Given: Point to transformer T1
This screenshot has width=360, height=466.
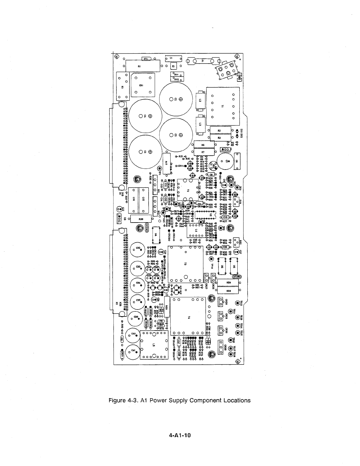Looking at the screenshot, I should [223, 106].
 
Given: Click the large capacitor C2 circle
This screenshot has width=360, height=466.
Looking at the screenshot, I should [176, 99].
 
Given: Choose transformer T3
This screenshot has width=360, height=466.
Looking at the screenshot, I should [185, 263].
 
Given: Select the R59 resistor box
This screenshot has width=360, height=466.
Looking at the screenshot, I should [228, 291].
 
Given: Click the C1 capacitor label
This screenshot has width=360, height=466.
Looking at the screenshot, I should [171, 58].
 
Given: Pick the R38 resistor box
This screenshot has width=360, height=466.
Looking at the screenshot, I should [141, 219].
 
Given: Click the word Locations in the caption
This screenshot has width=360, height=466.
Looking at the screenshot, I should [236, 400].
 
